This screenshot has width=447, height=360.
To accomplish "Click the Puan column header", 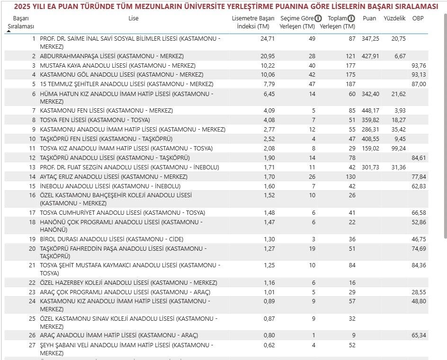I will (369, 18).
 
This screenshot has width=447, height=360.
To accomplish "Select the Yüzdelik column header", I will (394, 18).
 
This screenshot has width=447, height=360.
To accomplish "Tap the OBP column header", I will (418, 18).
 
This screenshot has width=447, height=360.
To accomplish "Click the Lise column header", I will (134, 18).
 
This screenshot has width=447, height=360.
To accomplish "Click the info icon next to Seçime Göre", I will (318, 18).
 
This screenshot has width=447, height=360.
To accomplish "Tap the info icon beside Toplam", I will (351, 18).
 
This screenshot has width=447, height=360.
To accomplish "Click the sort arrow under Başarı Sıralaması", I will (9, 31).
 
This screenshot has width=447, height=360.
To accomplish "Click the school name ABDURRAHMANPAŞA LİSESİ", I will (78, 56).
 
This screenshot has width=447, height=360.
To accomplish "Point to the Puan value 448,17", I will (370, 111).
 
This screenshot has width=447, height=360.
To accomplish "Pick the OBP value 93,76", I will (419, 65).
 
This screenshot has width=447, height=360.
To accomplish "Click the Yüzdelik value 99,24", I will (396, 149).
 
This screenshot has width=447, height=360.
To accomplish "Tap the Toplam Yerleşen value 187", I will (350, 84).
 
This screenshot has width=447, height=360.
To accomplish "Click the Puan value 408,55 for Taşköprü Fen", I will (370, 139).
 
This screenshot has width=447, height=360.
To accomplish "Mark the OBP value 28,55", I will (419, 292).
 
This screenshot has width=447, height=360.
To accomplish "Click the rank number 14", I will (32, 177).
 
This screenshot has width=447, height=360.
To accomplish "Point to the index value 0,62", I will (268, 345).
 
